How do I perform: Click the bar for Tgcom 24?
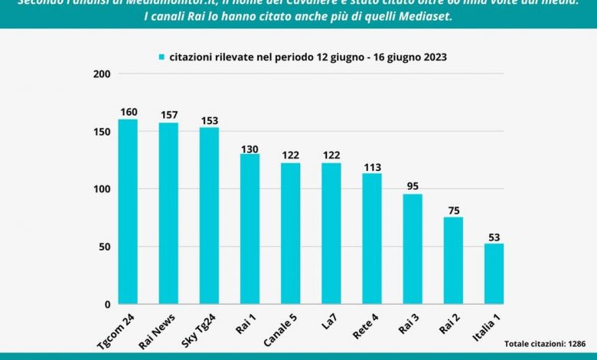coord(128,211)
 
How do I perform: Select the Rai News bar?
coord(168,213)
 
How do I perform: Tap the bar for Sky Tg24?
coord(209,215)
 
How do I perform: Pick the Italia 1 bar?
coord(494,273)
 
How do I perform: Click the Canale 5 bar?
coord(290,234)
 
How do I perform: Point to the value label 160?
coord(128,112)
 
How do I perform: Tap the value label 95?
coord(413,187)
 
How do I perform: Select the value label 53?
coord(494,236)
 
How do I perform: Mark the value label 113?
coord(372,166)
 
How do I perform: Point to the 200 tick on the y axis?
coord(101,74)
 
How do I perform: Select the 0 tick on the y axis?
coord(107,304)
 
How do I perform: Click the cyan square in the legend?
coord(162,57)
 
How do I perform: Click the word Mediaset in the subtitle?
coord(424,16)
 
